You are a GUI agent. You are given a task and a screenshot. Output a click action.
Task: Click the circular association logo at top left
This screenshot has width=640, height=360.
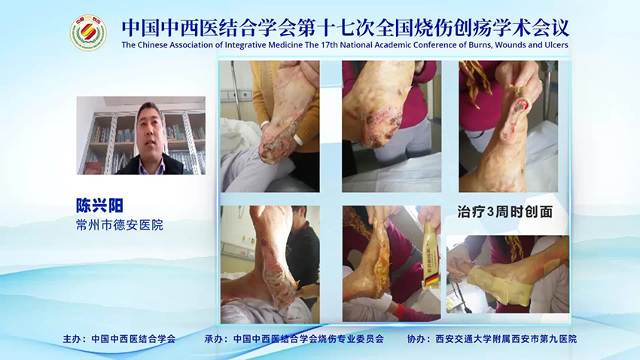coord(88,33)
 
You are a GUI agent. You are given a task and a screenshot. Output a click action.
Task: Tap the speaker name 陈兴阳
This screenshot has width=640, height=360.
coord(99,205)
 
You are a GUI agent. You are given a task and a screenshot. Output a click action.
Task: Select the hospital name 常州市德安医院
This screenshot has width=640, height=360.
coord(120,224)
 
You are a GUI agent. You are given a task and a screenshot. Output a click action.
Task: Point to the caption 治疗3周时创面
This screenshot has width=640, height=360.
coord(505,212)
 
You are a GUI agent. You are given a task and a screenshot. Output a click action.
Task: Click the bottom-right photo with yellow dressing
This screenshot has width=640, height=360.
coord(508,273)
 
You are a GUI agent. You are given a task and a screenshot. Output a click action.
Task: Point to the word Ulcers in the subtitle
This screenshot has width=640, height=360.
coord(553,45)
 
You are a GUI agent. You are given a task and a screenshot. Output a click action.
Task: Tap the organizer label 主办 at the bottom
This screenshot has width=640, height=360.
coord(73,339)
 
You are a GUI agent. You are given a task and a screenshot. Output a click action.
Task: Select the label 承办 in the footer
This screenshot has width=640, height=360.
coord(215,339)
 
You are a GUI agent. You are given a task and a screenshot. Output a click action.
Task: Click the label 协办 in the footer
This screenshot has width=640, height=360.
coord(416,339)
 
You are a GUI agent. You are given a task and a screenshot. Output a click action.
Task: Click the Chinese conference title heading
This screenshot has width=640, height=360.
coord(345,26)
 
